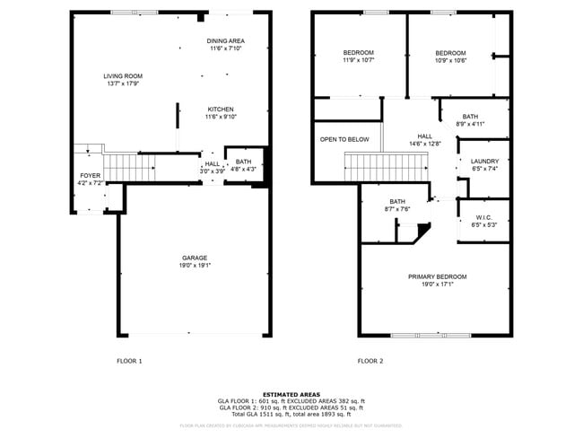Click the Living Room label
point(123,76)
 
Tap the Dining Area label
point(226,41)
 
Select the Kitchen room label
point(221,109)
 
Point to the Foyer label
point(91,176)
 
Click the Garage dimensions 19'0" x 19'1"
point(196,266)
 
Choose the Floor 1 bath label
point(243,162)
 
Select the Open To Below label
point(344,139)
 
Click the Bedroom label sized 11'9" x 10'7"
point(358,53)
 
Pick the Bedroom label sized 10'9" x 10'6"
point(450,53)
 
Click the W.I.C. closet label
point(483,217)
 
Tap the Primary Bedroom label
point(437,276)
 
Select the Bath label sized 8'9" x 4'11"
point(470,117)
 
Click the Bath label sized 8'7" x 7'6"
point(397,201)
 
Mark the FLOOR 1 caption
point(129,361)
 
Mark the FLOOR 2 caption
point(370,361)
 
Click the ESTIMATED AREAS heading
point(291,393)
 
